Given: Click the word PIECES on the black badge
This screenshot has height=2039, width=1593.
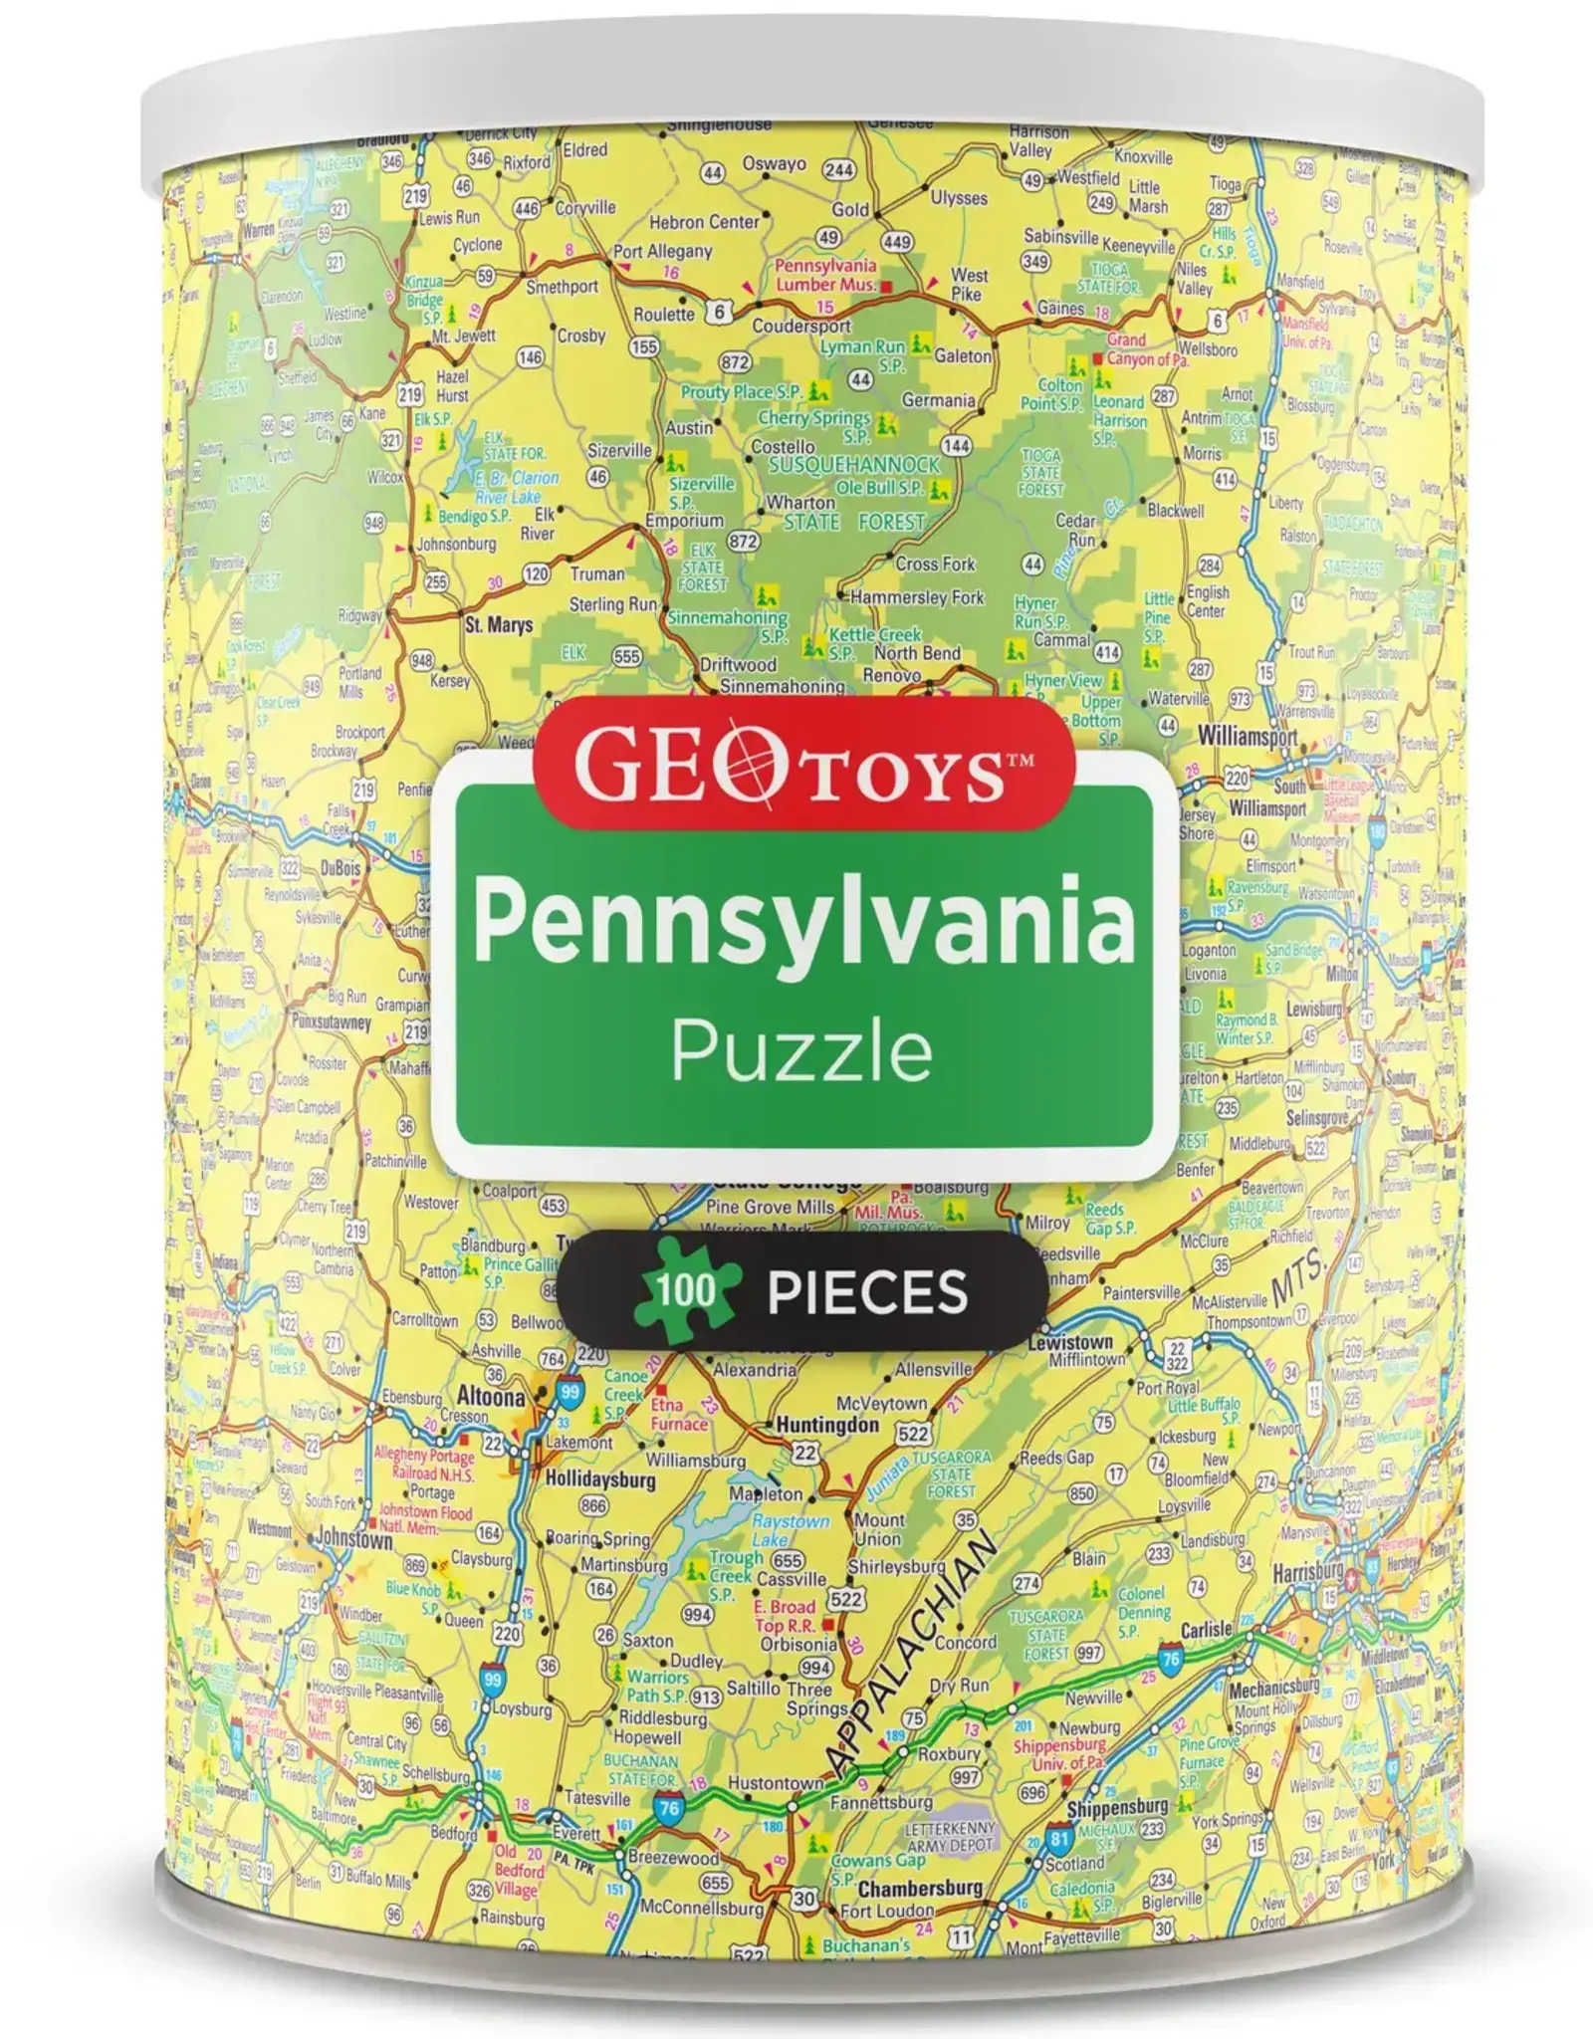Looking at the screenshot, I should click(867, 1291).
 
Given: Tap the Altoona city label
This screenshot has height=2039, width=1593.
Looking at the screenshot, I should click(490, 1397).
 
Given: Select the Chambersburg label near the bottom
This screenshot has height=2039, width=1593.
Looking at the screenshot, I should click(920, 1888).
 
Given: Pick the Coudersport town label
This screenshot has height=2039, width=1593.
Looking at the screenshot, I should click(801, 326).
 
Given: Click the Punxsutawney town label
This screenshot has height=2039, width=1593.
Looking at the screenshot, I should click(331, 1022).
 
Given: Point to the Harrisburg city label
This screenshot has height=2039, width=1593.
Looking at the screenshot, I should click(1307, 1573).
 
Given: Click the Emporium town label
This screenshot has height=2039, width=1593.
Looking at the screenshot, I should click(684, 520).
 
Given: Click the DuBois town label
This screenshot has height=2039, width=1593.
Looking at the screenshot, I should click(341, 867).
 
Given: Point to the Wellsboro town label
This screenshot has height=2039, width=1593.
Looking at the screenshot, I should click(1208, 349).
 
